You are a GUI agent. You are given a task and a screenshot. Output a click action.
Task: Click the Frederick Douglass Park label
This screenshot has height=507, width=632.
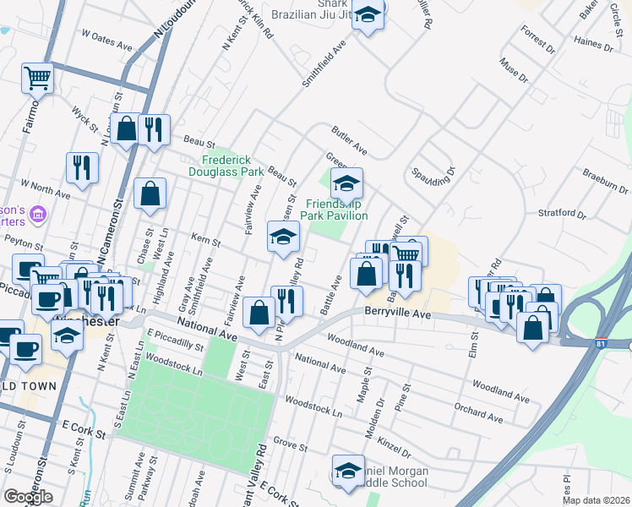[232, 165]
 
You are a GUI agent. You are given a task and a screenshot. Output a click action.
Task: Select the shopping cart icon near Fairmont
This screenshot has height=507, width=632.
[37, 79]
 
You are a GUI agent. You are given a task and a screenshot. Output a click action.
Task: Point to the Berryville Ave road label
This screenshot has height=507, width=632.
[399, 312]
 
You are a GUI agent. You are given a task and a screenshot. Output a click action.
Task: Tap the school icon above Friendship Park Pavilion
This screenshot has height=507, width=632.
[346, 183]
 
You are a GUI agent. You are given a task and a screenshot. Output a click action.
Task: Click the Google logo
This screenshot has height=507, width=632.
[28, 496]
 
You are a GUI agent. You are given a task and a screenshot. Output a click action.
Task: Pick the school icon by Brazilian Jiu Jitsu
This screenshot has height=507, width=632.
[368, 16]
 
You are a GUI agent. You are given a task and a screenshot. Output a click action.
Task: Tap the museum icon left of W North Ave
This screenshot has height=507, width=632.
[36, 215]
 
